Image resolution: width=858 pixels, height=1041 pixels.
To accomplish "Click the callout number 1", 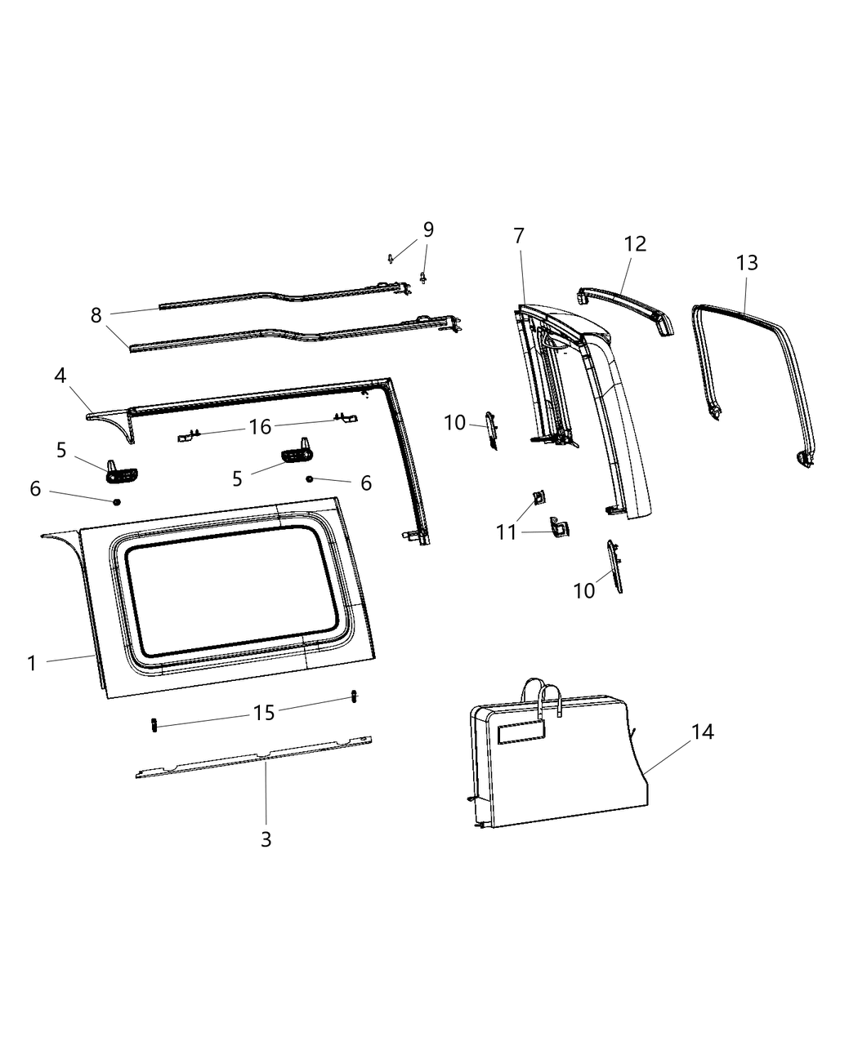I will [x=32, y=663].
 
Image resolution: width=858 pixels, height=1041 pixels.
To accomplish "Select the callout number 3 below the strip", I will [x=266, y=839].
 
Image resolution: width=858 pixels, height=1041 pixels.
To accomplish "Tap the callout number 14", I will [x=702, y=732].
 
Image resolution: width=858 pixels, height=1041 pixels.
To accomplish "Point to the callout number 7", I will [x=519, y=236].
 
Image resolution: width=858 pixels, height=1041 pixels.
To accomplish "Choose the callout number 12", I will [x=635, y=243].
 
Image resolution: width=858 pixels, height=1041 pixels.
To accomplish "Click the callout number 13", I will [x=746, y=263].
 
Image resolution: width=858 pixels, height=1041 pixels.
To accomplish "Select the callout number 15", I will [x=264, y=713].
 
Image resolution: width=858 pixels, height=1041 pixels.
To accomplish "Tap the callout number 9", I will [x=428, y=229].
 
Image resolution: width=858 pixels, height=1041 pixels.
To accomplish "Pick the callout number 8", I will [x=96, y=315].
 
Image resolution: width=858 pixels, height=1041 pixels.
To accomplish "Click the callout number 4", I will [x=60, y=376].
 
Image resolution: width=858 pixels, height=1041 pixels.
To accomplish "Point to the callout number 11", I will [x=507, y=532].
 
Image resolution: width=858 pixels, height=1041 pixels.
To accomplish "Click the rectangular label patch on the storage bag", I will [x=521, y=732].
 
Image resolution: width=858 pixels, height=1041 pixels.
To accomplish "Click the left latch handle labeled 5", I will [x=121, y=469].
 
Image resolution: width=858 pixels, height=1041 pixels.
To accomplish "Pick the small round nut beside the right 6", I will [x=310, y=478].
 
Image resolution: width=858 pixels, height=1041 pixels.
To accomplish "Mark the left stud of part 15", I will [x=153, y=724].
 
